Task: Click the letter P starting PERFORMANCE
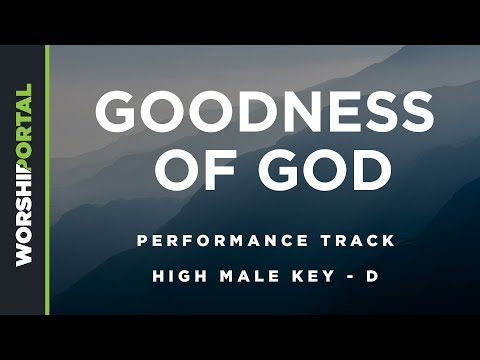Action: [x=142, y=241]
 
